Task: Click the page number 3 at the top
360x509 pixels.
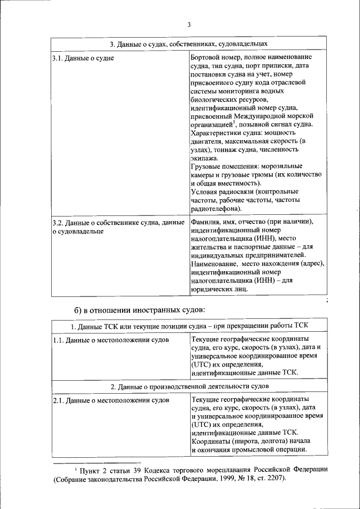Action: point(189,24)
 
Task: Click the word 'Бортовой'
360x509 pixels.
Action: point(206,57)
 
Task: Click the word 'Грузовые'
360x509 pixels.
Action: point(206,166)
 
